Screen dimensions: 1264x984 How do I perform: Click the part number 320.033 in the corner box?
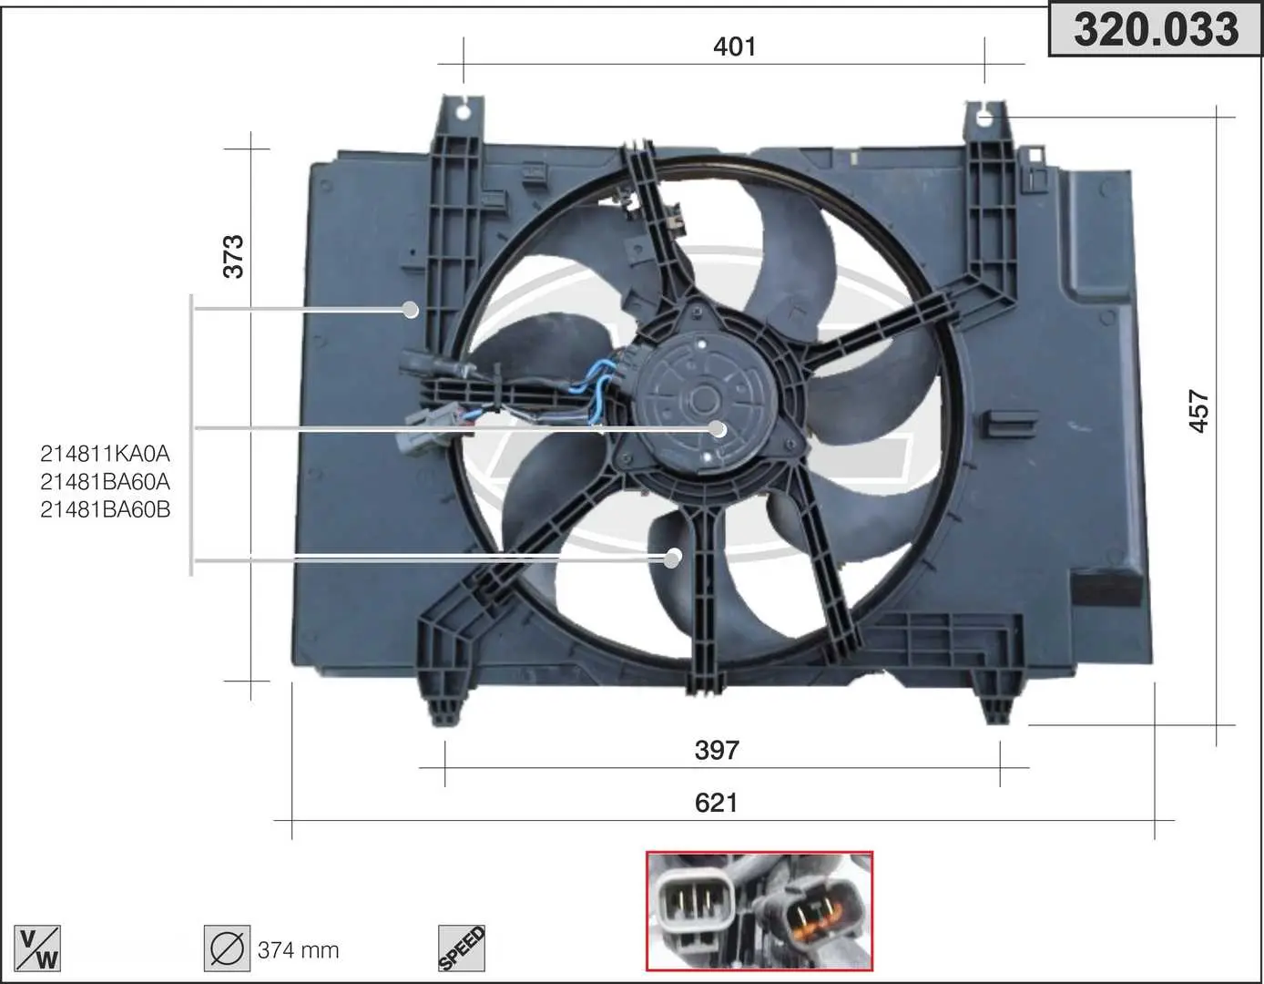[x=1156, y=30]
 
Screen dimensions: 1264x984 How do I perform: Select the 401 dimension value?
[x=735, y=46]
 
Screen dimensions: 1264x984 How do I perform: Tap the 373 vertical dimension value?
[x=234, y=257]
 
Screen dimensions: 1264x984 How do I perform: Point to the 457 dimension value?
[x=1199, y=412]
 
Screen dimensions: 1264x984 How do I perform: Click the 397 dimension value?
[x=717, y=750]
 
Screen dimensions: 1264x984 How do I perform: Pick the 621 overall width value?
[x=716, y=803]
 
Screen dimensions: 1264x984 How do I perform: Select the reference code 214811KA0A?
[x=105, y=454]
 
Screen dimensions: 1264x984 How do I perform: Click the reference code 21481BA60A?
[x=105, y=481]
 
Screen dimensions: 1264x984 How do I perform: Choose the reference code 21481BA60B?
[x=105, y=509]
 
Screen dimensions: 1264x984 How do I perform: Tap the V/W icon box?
[x=37, y=948]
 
